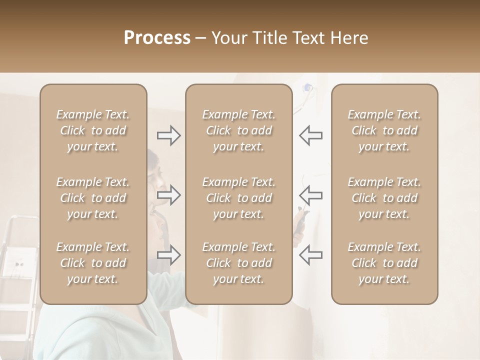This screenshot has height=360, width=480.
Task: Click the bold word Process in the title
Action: [x=157, y=38]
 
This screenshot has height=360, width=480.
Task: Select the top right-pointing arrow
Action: [x=168, y=135]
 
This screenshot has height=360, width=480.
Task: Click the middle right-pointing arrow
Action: [x=168, y=195]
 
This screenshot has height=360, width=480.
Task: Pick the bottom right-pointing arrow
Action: [x=168, y=255]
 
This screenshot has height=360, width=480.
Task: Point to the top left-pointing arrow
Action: [x=310, y=135]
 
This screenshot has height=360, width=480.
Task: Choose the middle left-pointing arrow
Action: [x=310, y=195]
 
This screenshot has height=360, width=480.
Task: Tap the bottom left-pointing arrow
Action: [x=310, y=255]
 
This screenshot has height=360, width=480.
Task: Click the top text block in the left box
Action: [x=93, y=130]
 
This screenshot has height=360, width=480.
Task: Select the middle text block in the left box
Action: [x=93, y=198]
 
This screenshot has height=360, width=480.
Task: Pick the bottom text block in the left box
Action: [x=93, y=263]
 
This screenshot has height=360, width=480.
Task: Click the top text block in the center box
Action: [x=238, y=130]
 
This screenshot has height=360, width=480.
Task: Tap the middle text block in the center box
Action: [x=238, y=198]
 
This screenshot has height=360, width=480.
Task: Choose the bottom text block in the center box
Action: [x=238, y=263]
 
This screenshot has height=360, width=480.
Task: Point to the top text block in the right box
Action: [x=384, y=130]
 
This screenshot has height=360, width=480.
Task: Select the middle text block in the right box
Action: [x=384, y=198]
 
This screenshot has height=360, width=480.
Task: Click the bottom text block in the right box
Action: [x=384, y=263]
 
